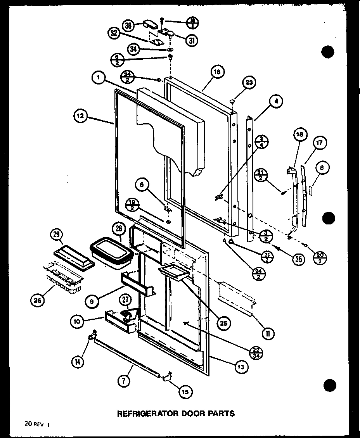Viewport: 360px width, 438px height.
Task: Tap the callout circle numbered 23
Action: pyautogui.click(x=249, y=83)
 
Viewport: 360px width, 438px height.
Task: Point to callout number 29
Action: pyautogui.click(x=57, y=235)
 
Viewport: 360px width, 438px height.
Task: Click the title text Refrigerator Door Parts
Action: pyautogui.click(x=176, y=413)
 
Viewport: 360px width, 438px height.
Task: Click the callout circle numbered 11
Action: pyautogui.click(x=268, y=333)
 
